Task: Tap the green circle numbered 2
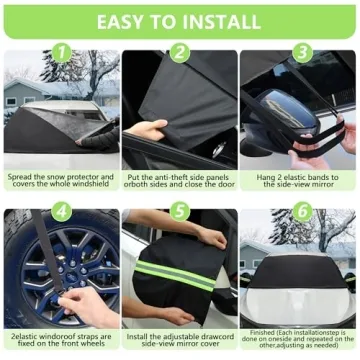pos(180,53)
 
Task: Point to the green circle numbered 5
pos(181,211)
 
